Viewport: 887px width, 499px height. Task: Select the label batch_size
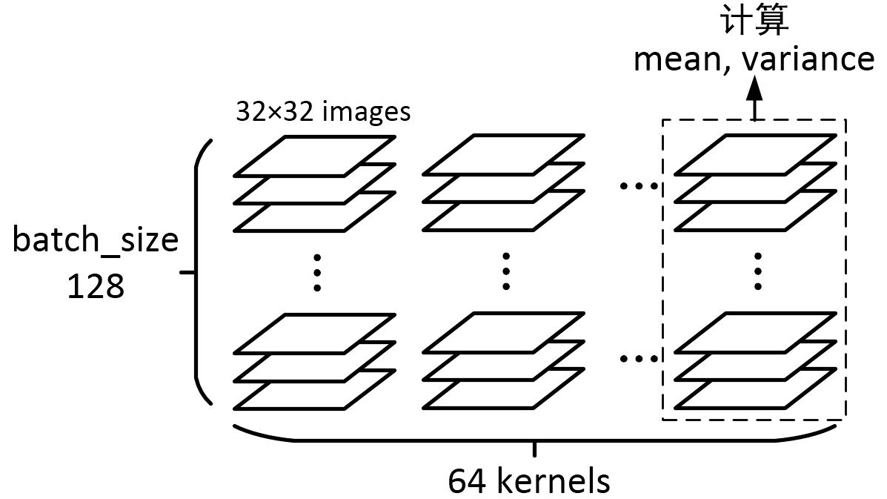pyautogui.click(x=96, y=241)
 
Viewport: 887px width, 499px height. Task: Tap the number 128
pyautogui.click(x=96, y=285)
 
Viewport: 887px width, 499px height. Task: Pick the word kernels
pyautogui.click(x=553, y=480)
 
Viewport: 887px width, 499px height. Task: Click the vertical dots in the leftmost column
pyautogui.click(x=317, y=272)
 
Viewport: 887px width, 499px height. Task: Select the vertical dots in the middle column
pyautogui.click(x=506, y=272)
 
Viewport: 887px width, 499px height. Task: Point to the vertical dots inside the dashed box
pyautogui.click(x=757, y=272)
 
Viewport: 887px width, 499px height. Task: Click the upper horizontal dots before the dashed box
pyautogui.click(x=638, y=185)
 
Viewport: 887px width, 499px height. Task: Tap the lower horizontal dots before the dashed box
pyautogui.click(x=638, y=360)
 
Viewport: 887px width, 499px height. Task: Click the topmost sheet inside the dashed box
pyautogui.click(x=757, y=155)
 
